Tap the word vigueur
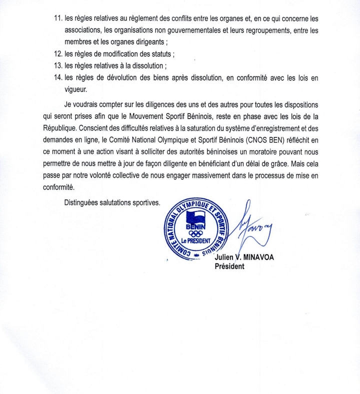76,89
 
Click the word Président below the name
229,266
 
